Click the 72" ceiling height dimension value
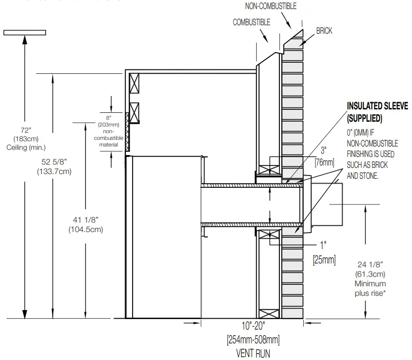click(24, 130)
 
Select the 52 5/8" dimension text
click(54, 162)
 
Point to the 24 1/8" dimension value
click(370, 264)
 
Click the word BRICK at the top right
click(324, 31)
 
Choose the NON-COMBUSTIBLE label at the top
click(270, 6)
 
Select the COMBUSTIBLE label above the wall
click(251, 22)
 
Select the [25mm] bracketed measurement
click(324, 260)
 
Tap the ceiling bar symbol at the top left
click(25, 33)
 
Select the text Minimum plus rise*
click(370, 288)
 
